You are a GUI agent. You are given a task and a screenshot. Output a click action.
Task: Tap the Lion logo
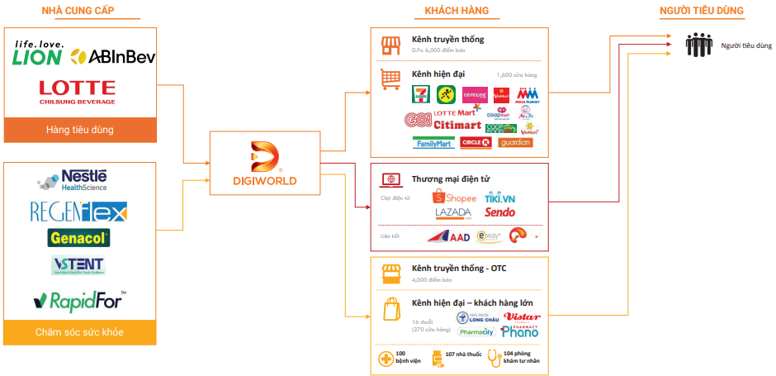pyautogui.click(x=37, y=52)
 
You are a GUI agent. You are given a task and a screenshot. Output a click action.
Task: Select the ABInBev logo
pyautogui.click(x=113, y=56)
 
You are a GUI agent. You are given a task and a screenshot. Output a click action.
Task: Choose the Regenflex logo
pyautogui.click(x=78, y=212)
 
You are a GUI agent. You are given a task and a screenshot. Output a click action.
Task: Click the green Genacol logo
pyautogui.click(x=78, y=238)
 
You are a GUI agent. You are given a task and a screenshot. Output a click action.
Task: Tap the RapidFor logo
pyautogui.click(x=79, y=299)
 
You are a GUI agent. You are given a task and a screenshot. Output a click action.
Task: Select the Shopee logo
pyautogui.click(x=455, y=198)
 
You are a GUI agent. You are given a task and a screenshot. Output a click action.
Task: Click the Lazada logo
pyautogui.click(x=453, y=213)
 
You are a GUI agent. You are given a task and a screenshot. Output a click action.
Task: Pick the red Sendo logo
pyautogui.click(x=499, y=213)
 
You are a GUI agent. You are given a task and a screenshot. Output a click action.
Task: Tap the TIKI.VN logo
pyautogui.click(x=499, y=198)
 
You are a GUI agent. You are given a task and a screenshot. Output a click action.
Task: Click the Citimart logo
pyautogui.click(x=457, y=125)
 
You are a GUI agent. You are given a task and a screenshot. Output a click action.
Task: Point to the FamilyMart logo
pyautogui.click(x=433, y=142)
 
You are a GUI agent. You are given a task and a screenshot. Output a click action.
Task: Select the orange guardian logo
pyautogui.click(x=515, y=142)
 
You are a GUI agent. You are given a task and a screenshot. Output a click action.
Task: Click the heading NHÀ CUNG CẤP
pyautogui.click(x=78, y=11)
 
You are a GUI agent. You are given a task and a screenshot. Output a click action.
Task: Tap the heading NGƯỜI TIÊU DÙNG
pyautogui.click(x=702, y=11)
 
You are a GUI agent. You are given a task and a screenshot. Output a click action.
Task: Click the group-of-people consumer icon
pyautogui.click(x=698, y=45)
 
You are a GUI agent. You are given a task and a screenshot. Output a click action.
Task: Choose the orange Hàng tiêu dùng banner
pyautogui.click(x=80, y=130)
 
